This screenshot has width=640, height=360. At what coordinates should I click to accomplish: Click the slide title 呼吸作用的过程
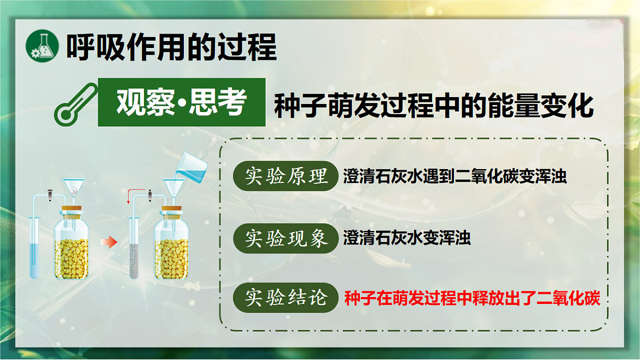pos(172,47)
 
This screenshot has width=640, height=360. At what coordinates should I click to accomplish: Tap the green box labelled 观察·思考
pos(181,102)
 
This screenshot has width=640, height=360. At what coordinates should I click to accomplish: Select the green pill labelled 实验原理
pos(286,176)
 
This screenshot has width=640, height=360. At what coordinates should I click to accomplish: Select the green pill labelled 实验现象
pos(286,238)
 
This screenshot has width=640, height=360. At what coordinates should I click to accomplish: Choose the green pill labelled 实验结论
pos(286,298)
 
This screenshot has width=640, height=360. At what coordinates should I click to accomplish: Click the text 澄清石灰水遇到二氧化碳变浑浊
pos(455,177)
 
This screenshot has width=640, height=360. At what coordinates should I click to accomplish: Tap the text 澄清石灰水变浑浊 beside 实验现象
pos(407,238)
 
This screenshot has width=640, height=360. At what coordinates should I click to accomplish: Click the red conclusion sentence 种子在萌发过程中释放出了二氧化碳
pos(472,298)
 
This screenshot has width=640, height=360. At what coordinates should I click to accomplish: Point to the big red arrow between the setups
pos(109,243)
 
